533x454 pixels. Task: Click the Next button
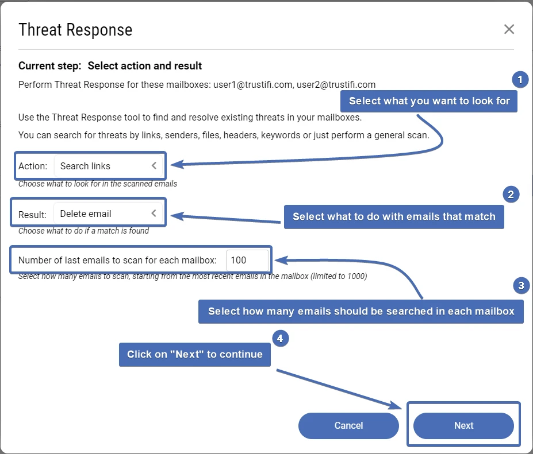[x=463, y=425]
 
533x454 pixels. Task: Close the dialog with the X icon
[x=509, y=29]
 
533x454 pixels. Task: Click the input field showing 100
[x=247, y=260]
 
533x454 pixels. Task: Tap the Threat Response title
[x=75, y=30]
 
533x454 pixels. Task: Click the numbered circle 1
[x=520, y=80]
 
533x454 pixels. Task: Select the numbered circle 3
[x=520, y=285]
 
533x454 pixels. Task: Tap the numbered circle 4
[x=279, y=339]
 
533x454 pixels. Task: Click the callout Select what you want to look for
[x=429, y=101]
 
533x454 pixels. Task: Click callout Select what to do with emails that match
[x=394, y=216]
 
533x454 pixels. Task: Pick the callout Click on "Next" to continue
[x=195, y=354]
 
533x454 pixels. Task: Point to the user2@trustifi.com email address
[x=336, y=84]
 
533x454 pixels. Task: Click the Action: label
[x=33, y=166]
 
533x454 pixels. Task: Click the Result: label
[x=32, y=214]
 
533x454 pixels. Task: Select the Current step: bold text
[x=50, y=66]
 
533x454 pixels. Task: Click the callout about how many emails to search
[x=361, y=311]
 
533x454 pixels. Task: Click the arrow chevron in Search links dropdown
[x=154, y=166]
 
